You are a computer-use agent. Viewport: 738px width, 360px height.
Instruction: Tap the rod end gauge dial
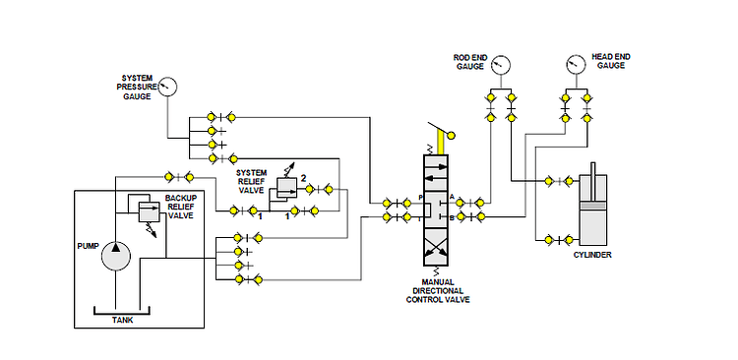point(501,65)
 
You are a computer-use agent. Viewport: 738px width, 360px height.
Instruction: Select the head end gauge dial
point(576,65)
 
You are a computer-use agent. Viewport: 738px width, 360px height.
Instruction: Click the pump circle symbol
point(117,255)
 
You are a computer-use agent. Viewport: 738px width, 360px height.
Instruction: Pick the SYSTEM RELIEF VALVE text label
point(251,182)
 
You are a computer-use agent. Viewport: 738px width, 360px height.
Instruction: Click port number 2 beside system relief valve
point(304,177)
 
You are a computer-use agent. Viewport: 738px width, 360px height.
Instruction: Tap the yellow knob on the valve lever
point(452,136)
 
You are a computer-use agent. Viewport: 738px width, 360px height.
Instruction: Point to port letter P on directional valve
point(421,199)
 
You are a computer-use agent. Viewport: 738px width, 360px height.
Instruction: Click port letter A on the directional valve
point(452,199)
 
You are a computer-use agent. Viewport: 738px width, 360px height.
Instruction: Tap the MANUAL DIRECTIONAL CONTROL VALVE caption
point(438,292)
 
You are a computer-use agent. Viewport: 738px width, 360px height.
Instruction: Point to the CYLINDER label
point(592,255)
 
